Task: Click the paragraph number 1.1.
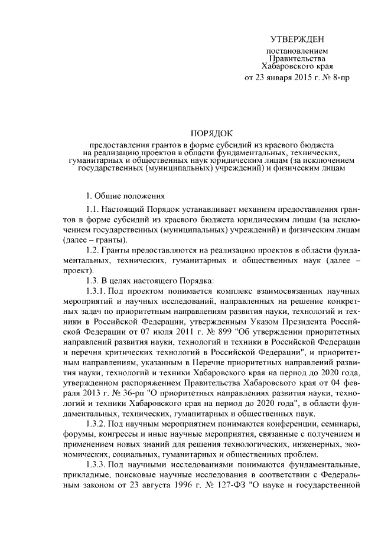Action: tap(93, 209)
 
